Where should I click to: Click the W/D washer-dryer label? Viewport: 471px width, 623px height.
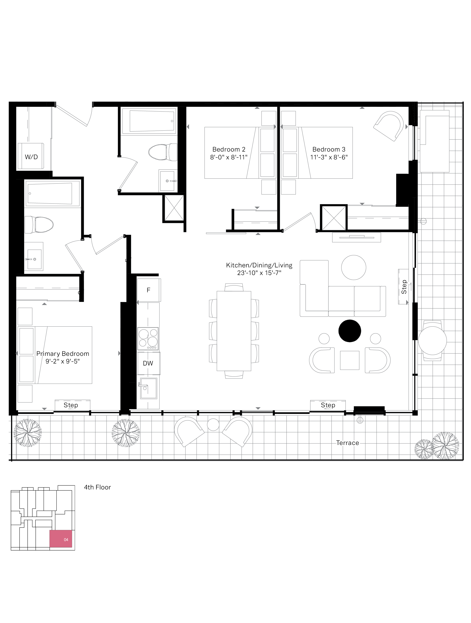[x=31, y=157]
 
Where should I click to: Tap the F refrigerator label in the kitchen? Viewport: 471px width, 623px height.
[x=148, y=290]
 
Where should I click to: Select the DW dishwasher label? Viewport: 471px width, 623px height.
[x=148, y=363]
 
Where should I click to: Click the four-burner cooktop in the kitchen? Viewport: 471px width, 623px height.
[x=148, y=339]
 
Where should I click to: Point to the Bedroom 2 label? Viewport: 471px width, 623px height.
[x=229, y=149]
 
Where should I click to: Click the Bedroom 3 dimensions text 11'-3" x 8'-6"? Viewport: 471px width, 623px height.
[x=329, y=157]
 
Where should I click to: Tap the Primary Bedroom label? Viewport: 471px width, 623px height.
[x=63, y=354]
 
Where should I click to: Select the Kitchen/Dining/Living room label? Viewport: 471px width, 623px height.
[x=259, y=265]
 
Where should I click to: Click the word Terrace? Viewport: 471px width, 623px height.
[x=347, y=443]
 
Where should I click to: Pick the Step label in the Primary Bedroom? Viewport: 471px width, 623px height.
[x=71, y=405]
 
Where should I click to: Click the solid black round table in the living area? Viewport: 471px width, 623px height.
[x=350, y=331]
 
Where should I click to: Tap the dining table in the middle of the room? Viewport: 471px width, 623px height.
[x=234, y=331]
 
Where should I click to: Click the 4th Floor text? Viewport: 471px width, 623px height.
[x=97, y=487]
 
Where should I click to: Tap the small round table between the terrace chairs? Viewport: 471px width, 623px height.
[x=213, y=425]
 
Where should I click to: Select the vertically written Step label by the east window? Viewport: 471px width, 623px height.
[x=404, y=287]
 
